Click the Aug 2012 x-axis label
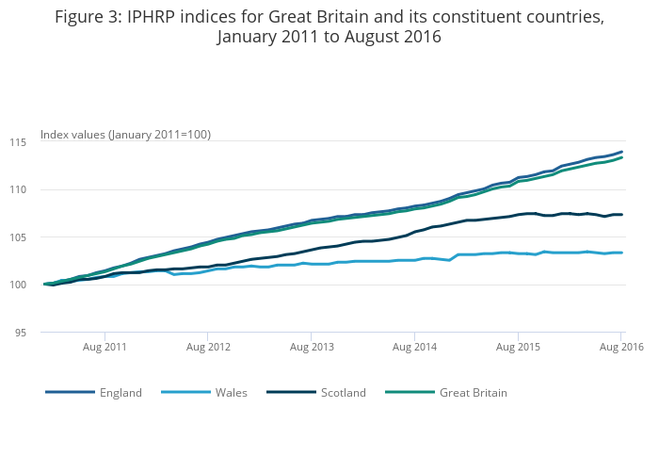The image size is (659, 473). click(208, 348)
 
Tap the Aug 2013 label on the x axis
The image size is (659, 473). click(312, 348)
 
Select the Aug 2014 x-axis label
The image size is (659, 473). click(415, 348)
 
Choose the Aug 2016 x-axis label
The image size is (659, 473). click(621, 348)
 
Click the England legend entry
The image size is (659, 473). click(121, 392)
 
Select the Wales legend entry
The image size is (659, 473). click(231, 392)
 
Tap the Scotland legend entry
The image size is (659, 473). click(343, 392)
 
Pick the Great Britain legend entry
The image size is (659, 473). click(474, 392)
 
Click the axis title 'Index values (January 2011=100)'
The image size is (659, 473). click(125, 135)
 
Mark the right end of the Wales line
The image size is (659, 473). click(621, 253)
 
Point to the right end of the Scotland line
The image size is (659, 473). click(621, 215)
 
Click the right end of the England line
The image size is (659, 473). click(621, 152)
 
